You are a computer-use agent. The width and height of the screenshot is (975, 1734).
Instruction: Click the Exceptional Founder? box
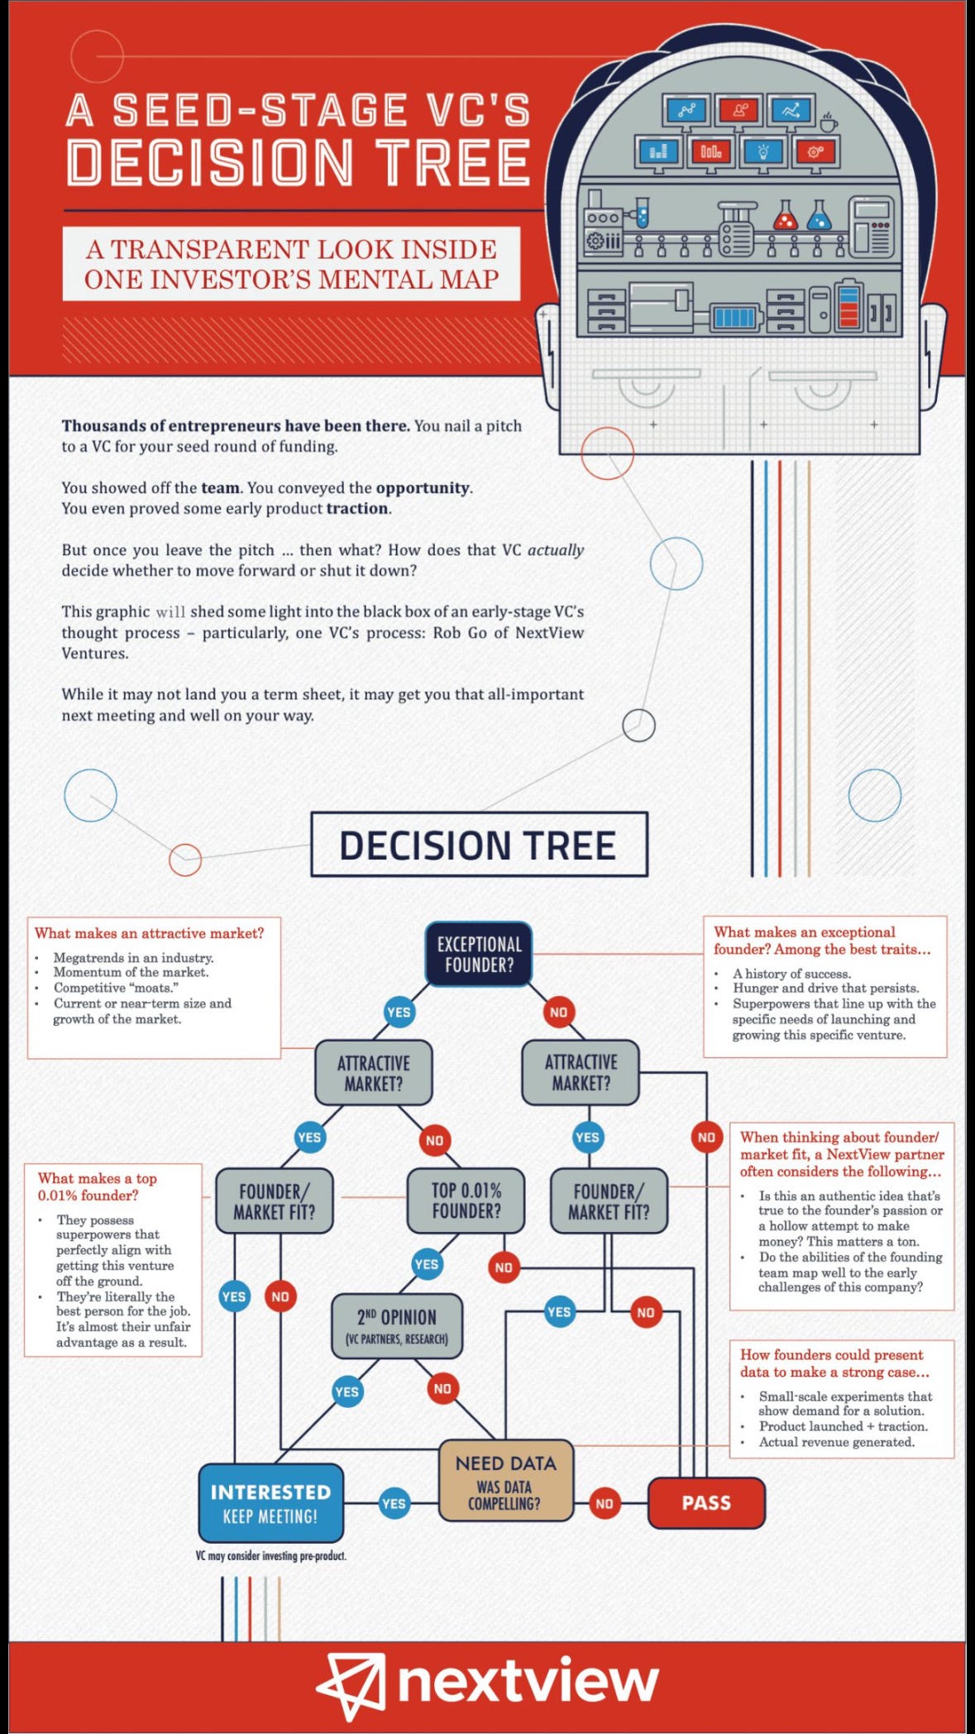479,954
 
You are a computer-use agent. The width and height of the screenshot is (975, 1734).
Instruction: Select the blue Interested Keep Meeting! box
270,1503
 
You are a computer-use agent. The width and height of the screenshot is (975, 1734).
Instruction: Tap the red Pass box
706,1502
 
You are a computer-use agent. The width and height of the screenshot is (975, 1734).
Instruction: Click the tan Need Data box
505,1481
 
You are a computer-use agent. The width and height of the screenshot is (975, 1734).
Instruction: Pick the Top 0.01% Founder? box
466,1200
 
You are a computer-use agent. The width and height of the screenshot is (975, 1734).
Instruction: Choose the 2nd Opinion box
396,1325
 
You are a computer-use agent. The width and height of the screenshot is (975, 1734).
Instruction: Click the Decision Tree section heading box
479,845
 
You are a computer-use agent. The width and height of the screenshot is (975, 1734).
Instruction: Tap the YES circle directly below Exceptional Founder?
399,1012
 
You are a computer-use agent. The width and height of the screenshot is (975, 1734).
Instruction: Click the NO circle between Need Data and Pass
605,1503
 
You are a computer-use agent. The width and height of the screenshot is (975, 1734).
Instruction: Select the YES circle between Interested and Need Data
394,1503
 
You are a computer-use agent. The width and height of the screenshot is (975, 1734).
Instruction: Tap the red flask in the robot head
784,217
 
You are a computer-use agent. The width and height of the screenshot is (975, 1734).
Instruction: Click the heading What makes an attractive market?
149,933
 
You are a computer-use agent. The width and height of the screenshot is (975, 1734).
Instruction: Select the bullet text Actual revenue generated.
836,1442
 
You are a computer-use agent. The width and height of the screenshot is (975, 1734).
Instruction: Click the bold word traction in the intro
357,508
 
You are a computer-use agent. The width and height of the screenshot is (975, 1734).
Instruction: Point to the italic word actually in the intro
556,550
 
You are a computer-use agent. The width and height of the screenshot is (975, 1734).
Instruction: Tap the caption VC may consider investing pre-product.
271,1555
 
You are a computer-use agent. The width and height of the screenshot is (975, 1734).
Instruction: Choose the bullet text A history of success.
791,974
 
